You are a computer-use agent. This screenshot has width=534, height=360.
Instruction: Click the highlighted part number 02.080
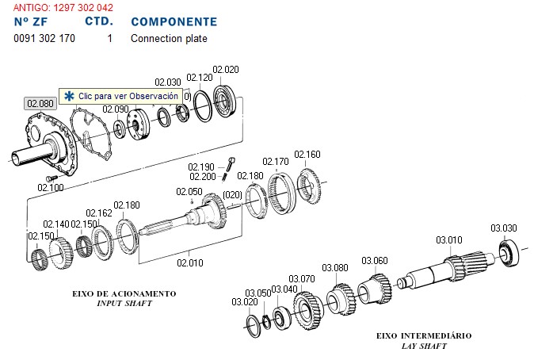tap(40, 104)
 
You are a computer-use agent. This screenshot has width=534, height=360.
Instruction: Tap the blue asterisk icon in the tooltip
tap(70, 96)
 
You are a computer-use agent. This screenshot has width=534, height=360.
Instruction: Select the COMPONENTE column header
tap(174, 21)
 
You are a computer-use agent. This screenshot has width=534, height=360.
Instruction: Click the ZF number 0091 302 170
tap(45, 38)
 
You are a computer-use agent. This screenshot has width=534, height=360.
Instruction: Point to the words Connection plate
tap(169, 38)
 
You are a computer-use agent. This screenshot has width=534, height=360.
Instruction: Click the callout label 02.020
tap(227, 69)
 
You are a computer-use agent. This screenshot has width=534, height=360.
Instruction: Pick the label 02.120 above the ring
tap(200, 78)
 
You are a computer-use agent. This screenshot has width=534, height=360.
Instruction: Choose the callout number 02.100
tap(51, 187)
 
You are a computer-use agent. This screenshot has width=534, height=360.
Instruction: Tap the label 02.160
tap(307, 155)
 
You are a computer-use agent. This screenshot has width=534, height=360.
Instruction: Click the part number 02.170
tap(276, 162)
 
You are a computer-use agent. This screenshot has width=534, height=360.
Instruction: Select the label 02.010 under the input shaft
tap(190, 262)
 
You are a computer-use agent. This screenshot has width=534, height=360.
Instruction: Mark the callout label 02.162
tap(99, 213)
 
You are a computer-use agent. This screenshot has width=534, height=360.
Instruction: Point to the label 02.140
tap(56, 224)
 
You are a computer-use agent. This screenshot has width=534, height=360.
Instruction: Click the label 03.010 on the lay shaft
tap(449, 239)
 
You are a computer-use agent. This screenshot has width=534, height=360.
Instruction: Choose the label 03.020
tap(244, 302)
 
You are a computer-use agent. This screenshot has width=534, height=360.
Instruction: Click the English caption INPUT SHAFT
tap(124, 304)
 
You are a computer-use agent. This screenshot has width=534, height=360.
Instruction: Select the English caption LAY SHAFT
tap(423, 346)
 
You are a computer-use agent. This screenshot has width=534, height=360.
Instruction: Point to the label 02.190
tap(201, 167)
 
